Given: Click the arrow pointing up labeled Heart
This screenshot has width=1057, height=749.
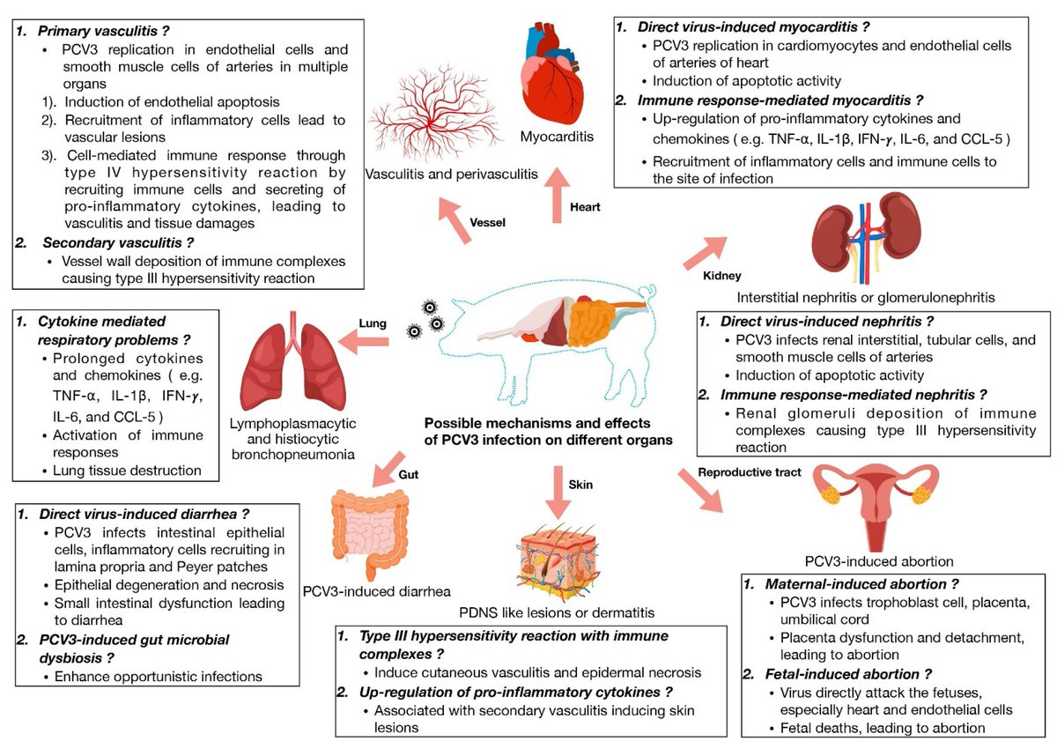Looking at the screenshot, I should [x=556, y=194].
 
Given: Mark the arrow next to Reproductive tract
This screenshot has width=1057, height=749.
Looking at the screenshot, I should [x=700, y=489].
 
